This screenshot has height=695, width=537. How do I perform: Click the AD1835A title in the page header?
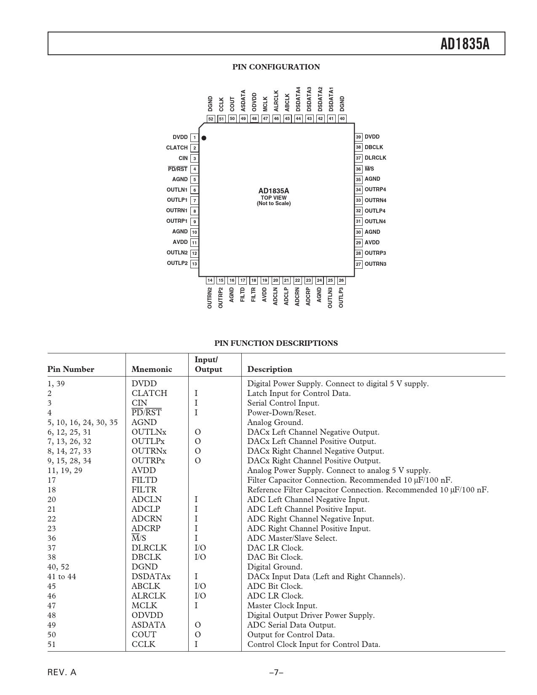tap(465, 44)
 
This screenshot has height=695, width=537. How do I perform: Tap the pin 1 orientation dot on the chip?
tap(204, 138)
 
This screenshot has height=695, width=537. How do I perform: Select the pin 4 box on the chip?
tap(194, 169)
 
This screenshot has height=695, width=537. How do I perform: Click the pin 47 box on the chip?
tap(265, 119)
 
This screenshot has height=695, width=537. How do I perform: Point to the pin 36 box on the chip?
tap(358, 169)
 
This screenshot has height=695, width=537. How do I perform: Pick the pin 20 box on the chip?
tap(275, 281)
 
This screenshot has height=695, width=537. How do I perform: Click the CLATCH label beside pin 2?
tap(177, 148)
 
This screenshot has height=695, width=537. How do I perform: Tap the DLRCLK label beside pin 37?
tap(375, 158)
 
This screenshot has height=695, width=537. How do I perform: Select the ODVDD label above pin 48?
tap(254, 102)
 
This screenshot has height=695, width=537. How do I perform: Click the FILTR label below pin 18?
tap(254, 294)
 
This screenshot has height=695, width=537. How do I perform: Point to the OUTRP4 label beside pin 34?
tap(375, 190)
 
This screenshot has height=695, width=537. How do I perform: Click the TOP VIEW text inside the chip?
tap(274, 198)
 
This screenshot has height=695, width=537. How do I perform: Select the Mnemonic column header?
tap(152, 369)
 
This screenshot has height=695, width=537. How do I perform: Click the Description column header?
tap(270, 369)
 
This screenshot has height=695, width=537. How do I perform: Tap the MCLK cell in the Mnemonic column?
tap(144, 606)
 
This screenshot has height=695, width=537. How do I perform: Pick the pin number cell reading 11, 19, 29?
tap(65, 470)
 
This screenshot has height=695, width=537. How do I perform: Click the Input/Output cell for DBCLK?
tap(200, 557)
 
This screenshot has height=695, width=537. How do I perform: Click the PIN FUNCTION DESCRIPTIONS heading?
tap(276, 343)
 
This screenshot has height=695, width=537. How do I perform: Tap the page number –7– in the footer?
tap(276, 672)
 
